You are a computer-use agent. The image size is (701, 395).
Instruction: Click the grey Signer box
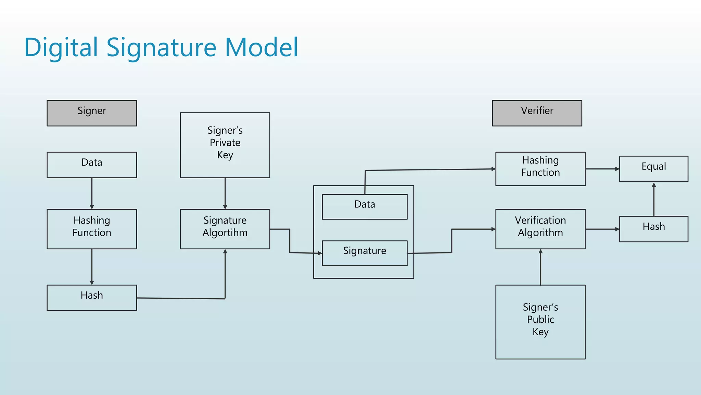(x=92, y=113)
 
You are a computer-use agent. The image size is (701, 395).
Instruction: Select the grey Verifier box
(x=537, y=113)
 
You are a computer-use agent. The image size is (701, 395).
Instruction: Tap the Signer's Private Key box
(x=225, y=145)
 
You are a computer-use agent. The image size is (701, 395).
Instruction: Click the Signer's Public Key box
(x=540, y=322)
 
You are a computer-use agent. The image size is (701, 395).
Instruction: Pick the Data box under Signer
(x=92, y=165)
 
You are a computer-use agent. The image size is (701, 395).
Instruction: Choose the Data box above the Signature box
(x=365, y=207)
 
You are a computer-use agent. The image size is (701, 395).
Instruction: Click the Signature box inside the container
(x=365, y=253)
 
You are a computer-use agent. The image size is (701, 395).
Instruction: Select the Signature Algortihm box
(x=225, y=229)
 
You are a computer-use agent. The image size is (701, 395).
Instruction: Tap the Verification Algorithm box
(x=540, y=229)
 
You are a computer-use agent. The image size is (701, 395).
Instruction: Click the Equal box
(x=653, y=169)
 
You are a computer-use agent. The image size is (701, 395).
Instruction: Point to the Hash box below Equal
(x=653, y=229)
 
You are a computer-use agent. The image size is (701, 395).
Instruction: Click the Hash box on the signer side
(x=92, y=298)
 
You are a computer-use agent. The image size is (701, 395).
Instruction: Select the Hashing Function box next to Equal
(x=540, y=169)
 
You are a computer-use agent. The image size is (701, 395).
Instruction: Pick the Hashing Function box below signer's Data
(x=92, y=229)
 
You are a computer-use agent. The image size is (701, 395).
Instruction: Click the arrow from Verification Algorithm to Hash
(x=602, y=229)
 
